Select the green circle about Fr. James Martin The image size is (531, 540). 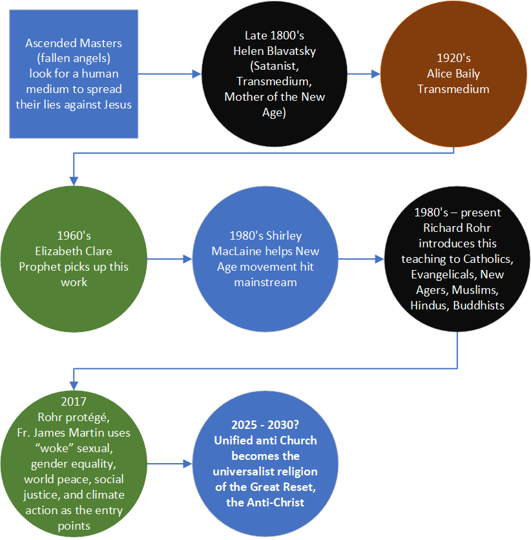click(x=74, y=464)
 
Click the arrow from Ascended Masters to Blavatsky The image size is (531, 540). click(x=169, y=74)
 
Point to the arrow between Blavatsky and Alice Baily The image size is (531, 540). click(x=364, y=74)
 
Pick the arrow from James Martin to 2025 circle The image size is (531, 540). click(x=170, y=464)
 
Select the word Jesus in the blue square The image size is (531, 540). click(x=116, y=104)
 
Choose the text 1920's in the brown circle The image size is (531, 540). click(x=453, y=58)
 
